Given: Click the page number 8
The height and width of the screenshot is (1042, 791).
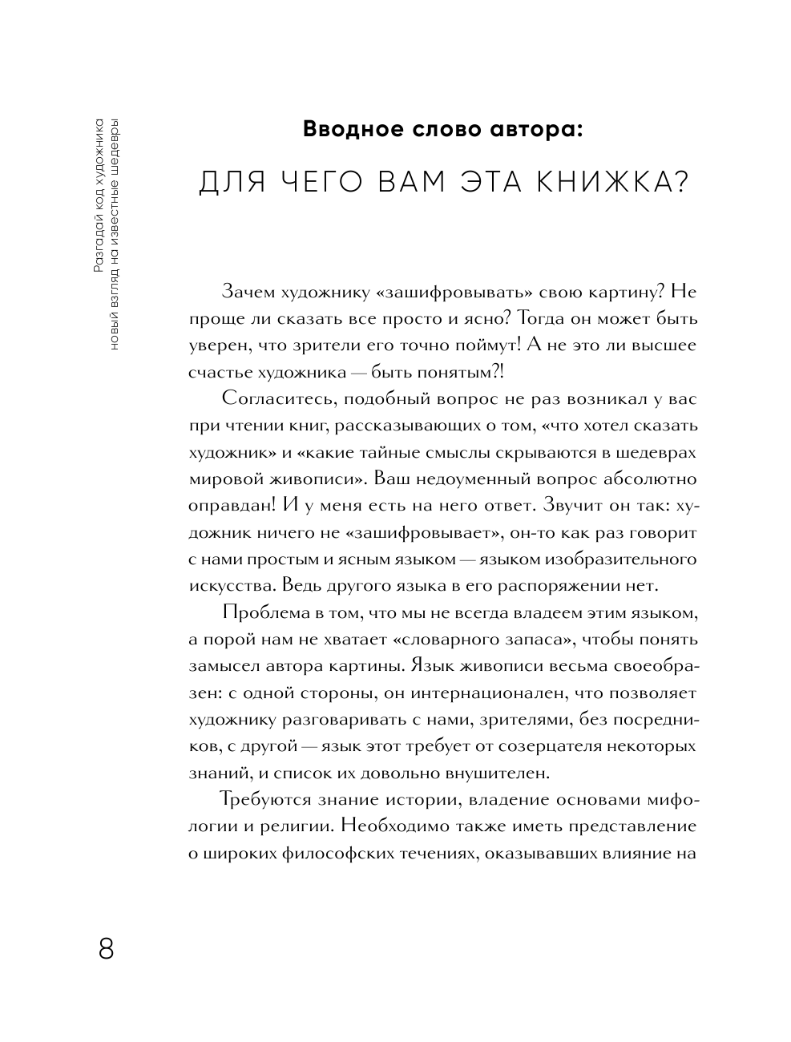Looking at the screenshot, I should tap(107, 949).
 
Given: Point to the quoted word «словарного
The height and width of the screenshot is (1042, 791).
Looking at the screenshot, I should tap(416, 640).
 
